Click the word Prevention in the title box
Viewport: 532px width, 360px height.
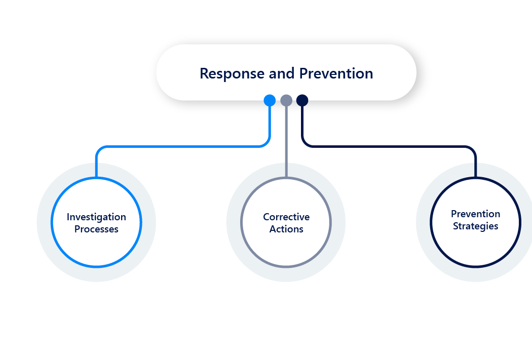coord(336,74)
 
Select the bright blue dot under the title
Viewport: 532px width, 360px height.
coord(270,100)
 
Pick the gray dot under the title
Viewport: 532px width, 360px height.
coord(286,100)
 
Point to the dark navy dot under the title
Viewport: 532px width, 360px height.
coord(302,100)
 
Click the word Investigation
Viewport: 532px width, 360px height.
coord(96,217)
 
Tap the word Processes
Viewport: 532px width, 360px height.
coord(96,229)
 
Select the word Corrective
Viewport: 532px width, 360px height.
coord(286,217)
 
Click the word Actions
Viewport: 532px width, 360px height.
coord(286,229)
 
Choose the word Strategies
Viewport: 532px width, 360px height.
coord(475,226)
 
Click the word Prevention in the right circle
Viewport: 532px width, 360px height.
coord(475,214)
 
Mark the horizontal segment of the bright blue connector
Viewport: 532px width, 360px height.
coord(182,147)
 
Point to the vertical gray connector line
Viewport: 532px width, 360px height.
coord(286,142)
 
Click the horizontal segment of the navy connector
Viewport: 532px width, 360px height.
coord(390,147)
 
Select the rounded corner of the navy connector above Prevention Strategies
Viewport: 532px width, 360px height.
coord(473,149)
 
